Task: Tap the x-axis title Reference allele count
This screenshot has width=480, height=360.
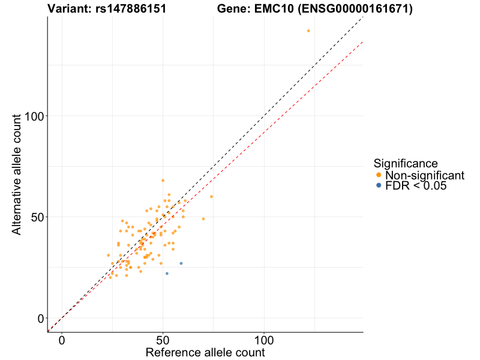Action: (205, 352)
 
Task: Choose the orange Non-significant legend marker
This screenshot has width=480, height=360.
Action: (378, 175)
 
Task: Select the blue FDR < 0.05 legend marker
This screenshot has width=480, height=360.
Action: (378, 186)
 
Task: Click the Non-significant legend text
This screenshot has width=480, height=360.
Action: (425, 175)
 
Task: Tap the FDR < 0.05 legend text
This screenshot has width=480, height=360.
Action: (416, 186)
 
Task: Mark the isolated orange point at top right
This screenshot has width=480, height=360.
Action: (308, 31)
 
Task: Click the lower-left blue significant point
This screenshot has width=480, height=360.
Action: (167, 274)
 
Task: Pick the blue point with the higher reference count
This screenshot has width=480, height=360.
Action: (181, 263)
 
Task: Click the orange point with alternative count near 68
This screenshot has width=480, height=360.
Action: (163, 180)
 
